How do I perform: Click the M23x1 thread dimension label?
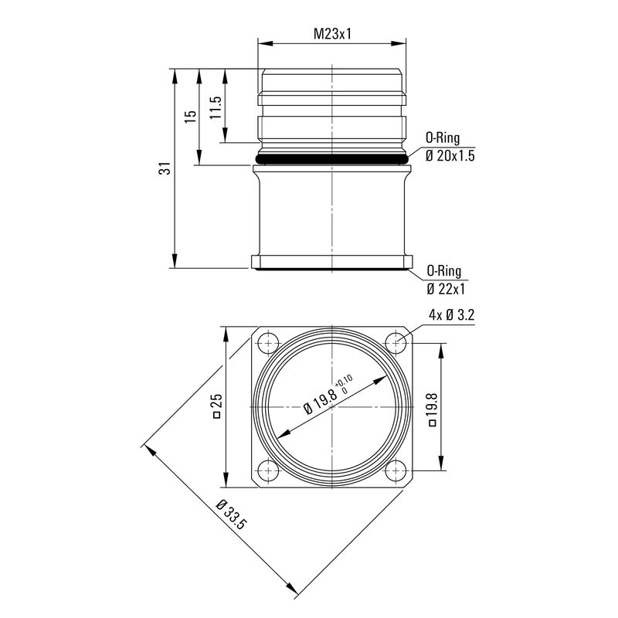tap(332, 34)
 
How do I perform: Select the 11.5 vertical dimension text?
tap(216, 106)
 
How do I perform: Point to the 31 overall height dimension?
tap(164, 168)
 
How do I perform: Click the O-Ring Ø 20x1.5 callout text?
tap(449, 148)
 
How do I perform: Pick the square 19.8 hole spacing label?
tap(432, 409)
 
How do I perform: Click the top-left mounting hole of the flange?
tap(269, 342)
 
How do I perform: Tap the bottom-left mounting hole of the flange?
tap(269, 469)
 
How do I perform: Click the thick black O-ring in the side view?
tap(332, 158)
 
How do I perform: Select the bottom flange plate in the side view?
tap(332, 262)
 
